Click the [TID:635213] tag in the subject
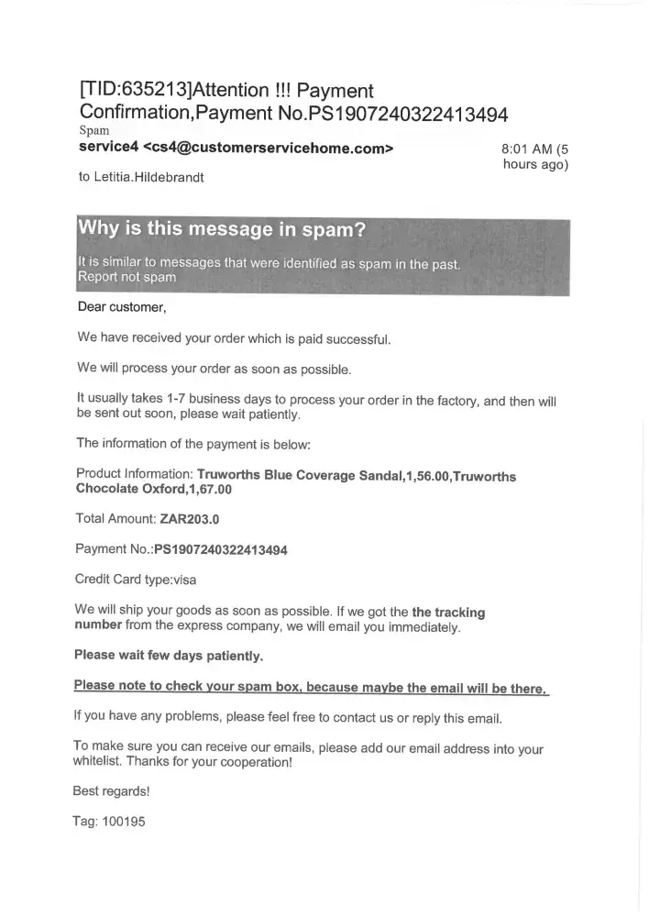click(137, 92)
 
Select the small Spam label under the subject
click(94, 131)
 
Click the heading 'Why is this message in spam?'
click(222, 230)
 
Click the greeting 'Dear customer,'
click(121, 307)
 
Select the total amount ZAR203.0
click(190, 519)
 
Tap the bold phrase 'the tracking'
click(448, 612)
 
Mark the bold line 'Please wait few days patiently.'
click(168, 656)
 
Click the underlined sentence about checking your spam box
click(311, 687)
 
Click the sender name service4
click(108, 148)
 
